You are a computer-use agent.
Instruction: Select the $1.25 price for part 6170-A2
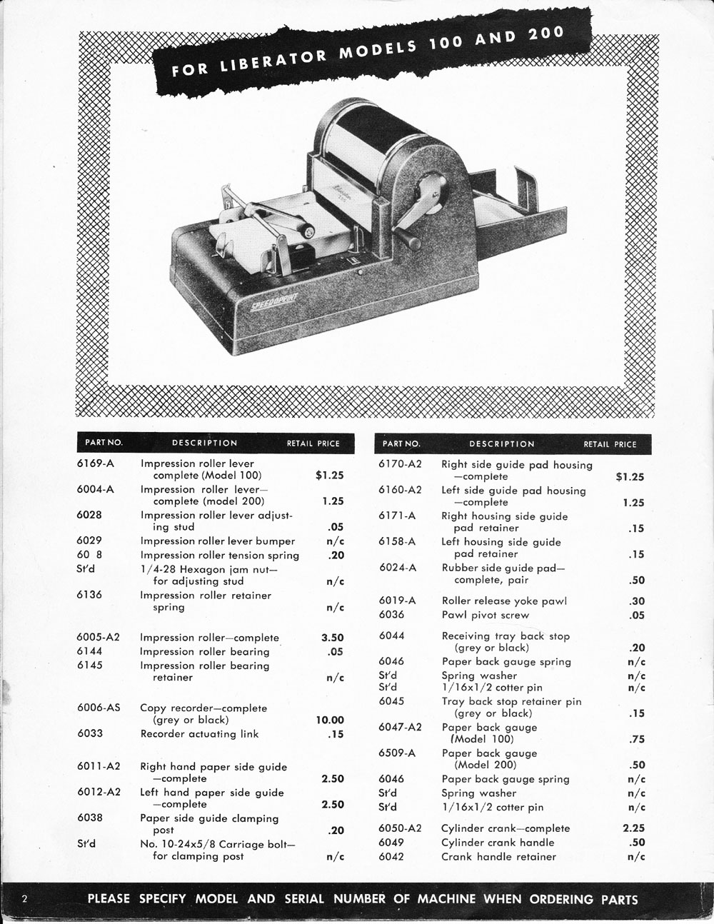[x=629, y=477]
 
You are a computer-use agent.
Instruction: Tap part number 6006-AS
[x=98, y=708]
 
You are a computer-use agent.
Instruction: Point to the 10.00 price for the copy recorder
[x=329, y=720]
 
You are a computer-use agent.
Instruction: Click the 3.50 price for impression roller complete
[x=332, y=638]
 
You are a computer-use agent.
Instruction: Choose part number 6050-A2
[x=400, y=828]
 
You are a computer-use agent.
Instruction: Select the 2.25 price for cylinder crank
[x=633, y=828]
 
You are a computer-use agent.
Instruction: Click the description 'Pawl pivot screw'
[x=486, y=615]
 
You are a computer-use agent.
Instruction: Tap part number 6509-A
[x=397, y=753]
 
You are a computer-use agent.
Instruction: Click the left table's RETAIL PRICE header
[x=313, y=443]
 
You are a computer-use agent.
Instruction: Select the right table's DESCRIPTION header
[x=502, y=443]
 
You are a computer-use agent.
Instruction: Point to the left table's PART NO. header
[x=104, y=443]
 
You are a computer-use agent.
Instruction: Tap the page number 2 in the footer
[x=24, y=898]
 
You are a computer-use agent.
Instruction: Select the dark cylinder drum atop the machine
[x=378, y=136]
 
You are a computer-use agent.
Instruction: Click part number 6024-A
[x=397, y=568]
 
